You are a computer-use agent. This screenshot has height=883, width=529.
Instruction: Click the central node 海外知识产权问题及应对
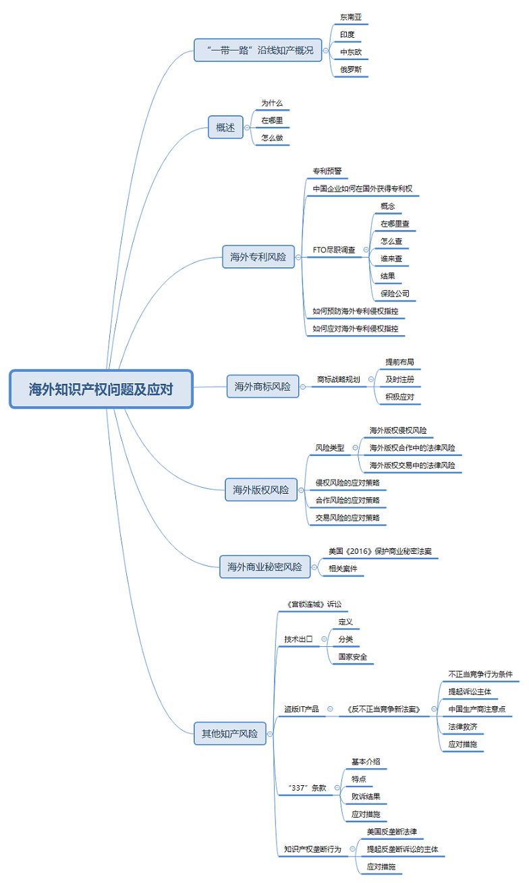[x=101, y=389]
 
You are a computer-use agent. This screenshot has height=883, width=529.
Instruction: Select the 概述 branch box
[x=225, y=127]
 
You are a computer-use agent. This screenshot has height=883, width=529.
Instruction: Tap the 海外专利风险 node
[x=258, y=257]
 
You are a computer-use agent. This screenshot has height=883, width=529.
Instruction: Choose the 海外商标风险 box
[x=262, y=387]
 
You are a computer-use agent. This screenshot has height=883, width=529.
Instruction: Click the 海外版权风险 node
[x=260, y=490]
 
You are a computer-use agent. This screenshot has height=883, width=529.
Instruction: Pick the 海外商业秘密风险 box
[x=264, y=567]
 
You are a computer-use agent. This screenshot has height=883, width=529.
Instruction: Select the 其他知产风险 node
[x=229, y=733]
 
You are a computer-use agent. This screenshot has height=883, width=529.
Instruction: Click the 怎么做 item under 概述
[x=272, y=138]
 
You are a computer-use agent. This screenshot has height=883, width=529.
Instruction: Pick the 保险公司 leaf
[x=395, y=293]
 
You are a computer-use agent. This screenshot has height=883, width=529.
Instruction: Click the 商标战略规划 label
[x=339, y=380]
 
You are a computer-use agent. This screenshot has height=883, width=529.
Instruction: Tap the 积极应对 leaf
[x=399, y=397]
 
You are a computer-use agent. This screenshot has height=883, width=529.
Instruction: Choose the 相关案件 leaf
[x=342, y=569]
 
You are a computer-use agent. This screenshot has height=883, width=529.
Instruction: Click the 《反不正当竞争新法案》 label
[x=384, y=709]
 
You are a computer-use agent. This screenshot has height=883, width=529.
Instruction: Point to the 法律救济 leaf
[x=463, y=727]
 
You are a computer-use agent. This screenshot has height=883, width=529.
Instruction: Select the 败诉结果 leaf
[x=366, y=797]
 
